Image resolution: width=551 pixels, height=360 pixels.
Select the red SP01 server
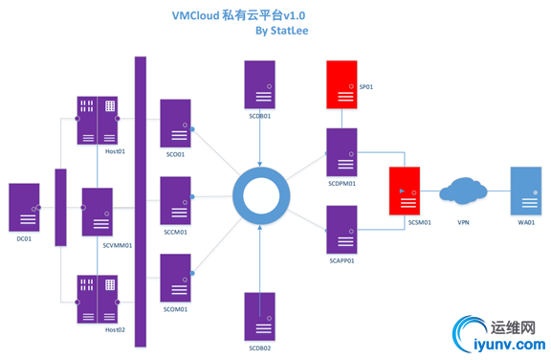click(x=342, y=85)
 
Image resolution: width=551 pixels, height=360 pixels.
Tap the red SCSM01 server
click(x=405, y=191)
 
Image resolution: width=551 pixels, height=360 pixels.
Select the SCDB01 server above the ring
click(x=260, y=84)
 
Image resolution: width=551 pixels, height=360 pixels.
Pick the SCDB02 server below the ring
click(x=260, y=316)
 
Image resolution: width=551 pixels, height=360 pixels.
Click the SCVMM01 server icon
click(x=97, y=212)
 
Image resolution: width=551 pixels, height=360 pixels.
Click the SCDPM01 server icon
click(x=342, y=151)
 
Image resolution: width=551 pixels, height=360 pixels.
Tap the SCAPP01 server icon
click(x=342, y=229)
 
